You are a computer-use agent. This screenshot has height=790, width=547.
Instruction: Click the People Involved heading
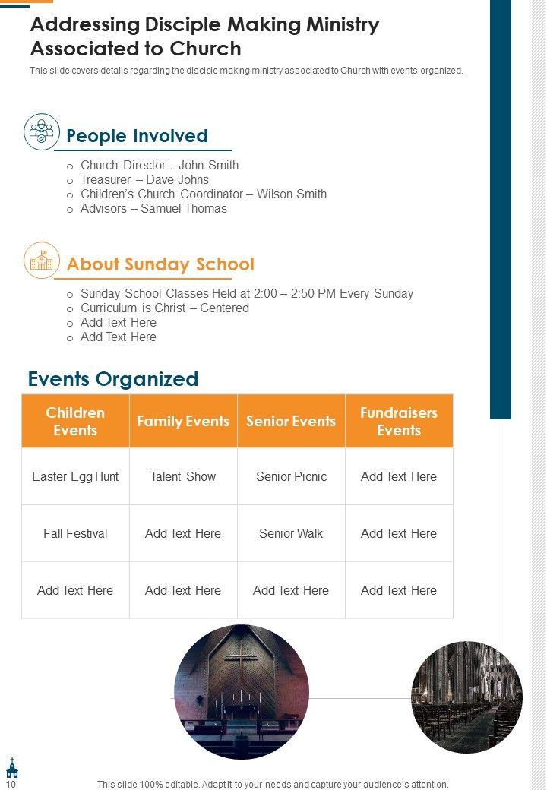[x=137, y=136]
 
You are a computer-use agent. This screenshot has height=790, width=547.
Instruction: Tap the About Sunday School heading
[x=160, y=264]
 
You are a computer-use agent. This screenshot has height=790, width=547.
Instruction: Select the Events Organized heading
[x=113, y=379]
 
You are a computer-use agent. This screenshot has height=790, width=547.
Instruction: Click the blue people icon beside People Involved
[x=41, y=132]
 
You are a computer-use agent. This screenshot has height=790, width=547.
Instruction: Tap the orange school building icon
[x=41, y=261]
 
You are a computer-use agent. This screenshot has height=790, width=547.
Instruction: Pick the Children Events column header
[x=75, y=421]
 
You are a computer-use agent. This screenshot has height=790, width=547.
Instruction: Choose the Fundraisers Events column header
[x=399, y=421]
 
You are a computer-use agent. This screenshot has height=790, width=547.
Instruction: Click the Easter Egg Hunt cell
[x=75, y=476]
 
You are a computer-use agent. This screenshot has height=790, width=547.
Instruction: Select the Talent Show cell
[x=183, y=476]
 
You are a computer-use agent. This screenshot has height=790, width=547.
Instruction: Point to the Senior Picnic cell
[x=291, y=476]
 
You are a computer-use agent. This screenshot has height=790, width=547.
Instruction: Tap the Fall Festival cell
[x=75, y=533]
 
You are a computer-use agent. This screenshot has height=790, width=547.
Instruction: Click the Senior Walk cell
[x=291, y=533]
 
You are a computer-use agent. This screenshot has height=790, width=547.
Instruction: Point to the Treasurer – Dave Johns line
[x=144, y=179]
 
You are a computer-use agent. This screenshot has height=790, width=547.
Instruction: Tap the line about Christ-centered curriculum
[x=164, y=308]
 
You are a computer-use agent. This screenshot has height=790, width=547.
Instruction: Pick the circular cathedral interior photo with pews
[x=466, y=697]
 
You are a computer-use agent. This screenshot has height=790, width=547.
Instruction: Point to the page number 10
[x=11, y=784]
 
